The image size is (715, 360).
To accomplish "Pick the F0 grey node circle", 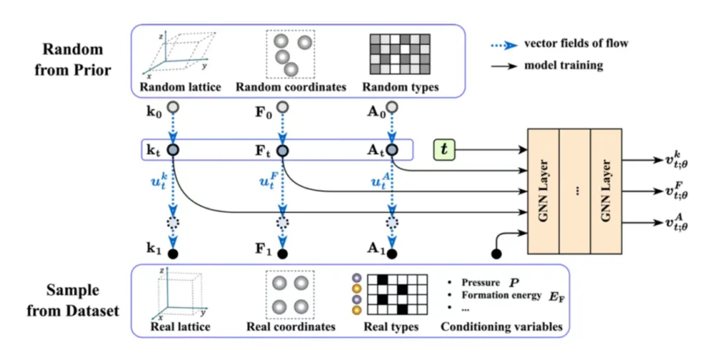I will pyautogui.click(x=283, y=107).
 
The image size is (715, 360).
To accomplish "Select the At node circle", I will pyautogui.click(x=391, y=150).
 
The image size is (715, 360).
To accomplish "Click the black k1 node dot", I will pyautogui.click(x=173, y=253).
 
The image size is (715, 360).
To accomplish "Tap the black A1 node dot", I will pyautogui.click(x=391, y=253).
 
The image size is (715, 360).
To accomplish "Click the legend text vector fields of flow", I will pyautogui.click(x=576, y=44).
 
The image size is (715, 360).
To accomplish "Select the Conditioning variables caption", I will pyautogui.click(x=501, y=326).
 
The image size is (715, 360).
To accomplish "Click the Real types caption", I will pyautogui.click(x=391, y=327).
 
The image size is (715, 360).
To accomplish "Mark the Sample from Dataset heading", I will pyautogui.click(x=73, y=301).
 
